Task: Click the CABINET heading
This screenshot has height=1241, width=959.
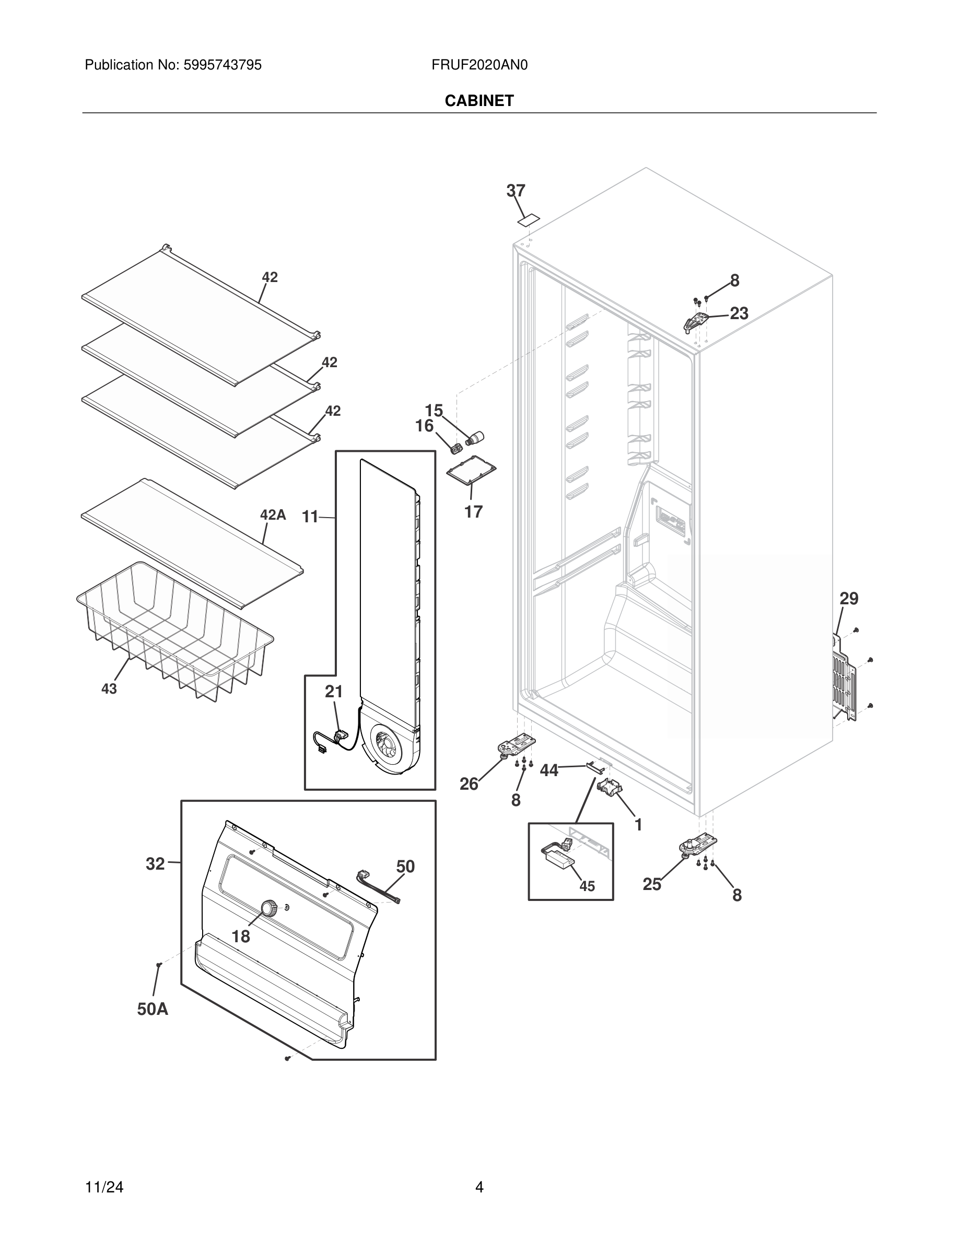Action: (x=479, y=101)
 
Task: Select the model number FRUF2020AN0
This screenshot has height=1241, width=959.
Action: (x=479, y=65)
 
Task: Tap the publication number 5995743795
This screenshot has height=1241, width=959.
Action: (x=222, y=65)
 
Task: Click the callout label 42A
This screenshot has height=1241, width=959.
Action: (x=273, y=515)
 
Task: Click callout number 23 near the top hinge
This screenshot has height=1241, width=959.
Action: (x=739, y=313)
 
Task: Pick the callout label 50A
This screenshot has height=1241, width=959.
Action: (x=152, y=1009)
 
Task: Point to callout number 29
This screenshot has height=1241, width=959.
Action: (x=849, y=599)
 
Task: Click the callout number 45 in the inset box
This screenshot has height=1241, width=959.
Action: (x=587, y=886)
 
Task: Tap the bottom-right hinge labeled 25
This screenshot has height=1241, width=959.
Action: (x=698, y=846)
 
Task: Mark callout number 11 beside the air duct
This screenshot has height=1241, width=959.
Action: (x=310, y=517)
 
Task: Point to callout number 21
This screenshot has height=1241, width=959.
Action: (x=333, y=692)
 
